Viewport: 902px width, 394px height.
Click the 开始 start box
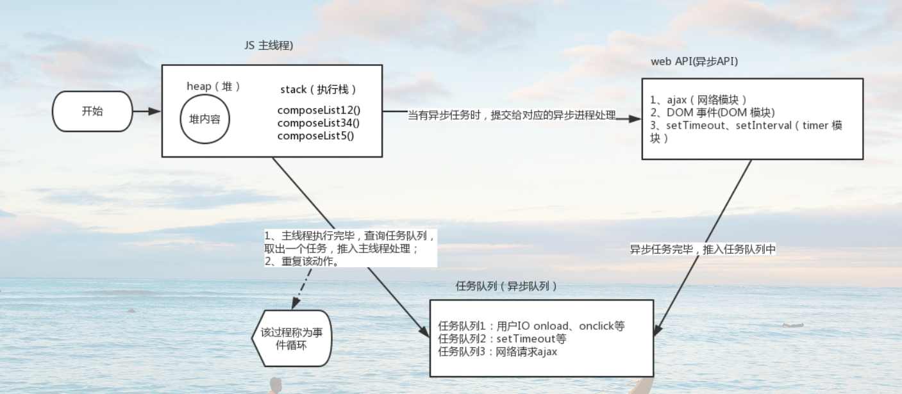(92, 111)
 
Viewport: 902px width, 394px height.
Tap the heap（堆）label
(213, 86)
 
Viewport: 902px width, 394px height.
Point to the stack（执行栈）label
(319, 89)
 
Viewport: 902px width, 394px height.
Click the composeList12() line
(319, 110)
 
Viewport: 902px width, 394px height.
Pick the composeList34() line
(319, 123)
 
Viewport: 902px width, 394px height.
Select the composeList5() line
(315, 136)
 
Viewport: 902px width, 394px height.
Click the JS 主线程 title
(269, 45)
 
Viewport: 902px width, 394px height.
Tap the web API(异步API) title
(695, 62)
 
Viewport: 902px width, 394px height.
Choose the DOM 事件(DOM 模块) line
(713, 112)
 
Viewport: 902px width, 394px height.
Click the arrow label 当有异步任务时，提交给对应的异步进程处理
(512, 115)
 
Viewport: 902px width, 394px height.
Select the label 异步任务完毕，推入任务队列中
(703, 249)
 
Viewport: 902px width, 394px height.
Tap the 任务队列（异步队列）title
(506, 286)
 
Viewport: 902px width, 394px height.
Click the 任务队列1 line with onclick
(531, 326)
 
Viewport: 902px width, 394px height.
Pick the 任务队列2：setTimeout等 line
(502, 339)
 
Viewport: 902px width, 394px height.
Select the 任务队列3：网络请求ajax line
(497, 352)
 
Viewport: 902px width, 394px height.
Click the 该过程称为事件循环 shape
(292, 338)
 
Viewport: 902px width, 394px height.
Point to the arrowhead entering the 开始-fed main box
(155, 111)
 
